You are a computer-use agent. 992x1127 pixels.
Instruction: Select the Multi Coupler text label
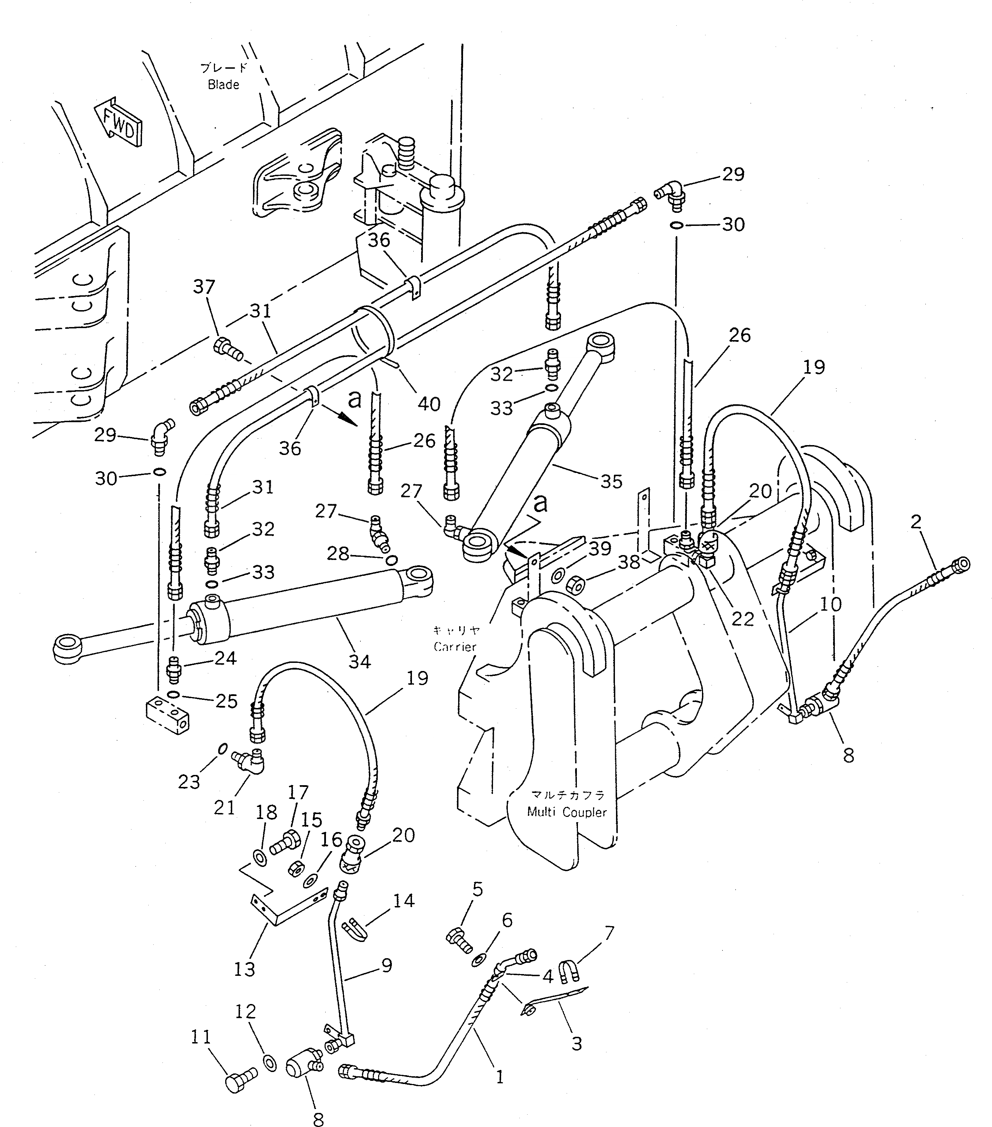[x=566, y=812]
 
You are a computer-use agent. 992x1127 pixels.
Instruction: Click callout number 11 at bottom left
[x=201, y=1037]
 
